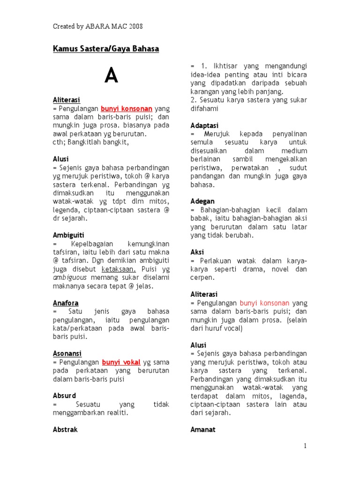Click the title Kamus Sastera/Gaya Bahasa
pos(106,49)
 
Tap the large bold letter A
pos(111,75)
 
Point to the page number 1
pos(305,446)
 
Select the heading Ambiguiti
pos(69,235)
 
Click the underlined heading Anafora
pos(66,303)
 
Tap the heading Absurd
pos(64,396)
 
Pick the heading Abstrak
pos(66,429)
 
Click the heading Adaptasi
pos(204,126)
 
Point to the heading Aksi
pos(197,252)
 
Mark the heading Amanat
pos(203,429)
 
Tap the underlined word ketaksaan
pos(119,269)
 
